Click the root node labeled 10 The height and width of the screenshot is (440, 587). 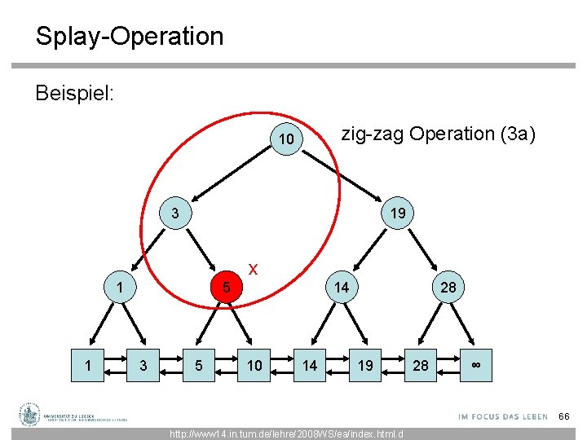pos(285,140)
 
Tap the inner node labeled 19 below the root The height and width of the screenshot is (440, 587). pos(398,213)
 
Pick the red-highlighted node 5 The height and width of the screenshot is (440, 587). pos(228,288)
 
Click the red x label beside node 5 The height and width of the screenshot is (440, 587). pos(254,268)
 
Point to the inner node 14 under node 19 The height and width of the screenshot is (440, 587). pos(342,287)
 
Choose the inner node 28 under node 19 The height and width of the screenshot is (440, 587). pos(448,287)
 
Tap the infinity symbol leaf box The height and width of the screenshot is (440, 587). pos(475,365)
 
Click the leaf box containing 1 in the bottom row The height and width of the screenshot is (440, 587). pos(88,365)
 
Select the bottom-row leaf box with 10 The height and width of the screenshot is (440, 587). pos(254,365)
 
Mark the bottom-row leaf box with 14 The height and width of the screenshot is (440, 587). pos(310,365)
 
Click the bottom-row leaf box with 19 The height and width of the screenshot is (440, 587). pos(365,365)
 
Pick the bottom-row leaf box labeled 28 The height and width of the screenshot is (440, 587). pos(420,365)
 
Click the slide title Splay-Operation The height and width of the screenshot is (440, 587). pos(129,37)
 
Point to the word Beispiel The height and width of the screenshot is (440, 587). pos(74,93)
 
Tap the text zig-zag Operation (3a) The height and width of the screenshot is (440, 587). pos(438,134)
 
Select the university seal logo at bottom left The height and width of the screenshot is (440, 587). pos(30,415)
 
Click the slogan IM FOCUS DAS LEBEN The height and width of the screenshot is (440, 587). pos(503,416)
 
